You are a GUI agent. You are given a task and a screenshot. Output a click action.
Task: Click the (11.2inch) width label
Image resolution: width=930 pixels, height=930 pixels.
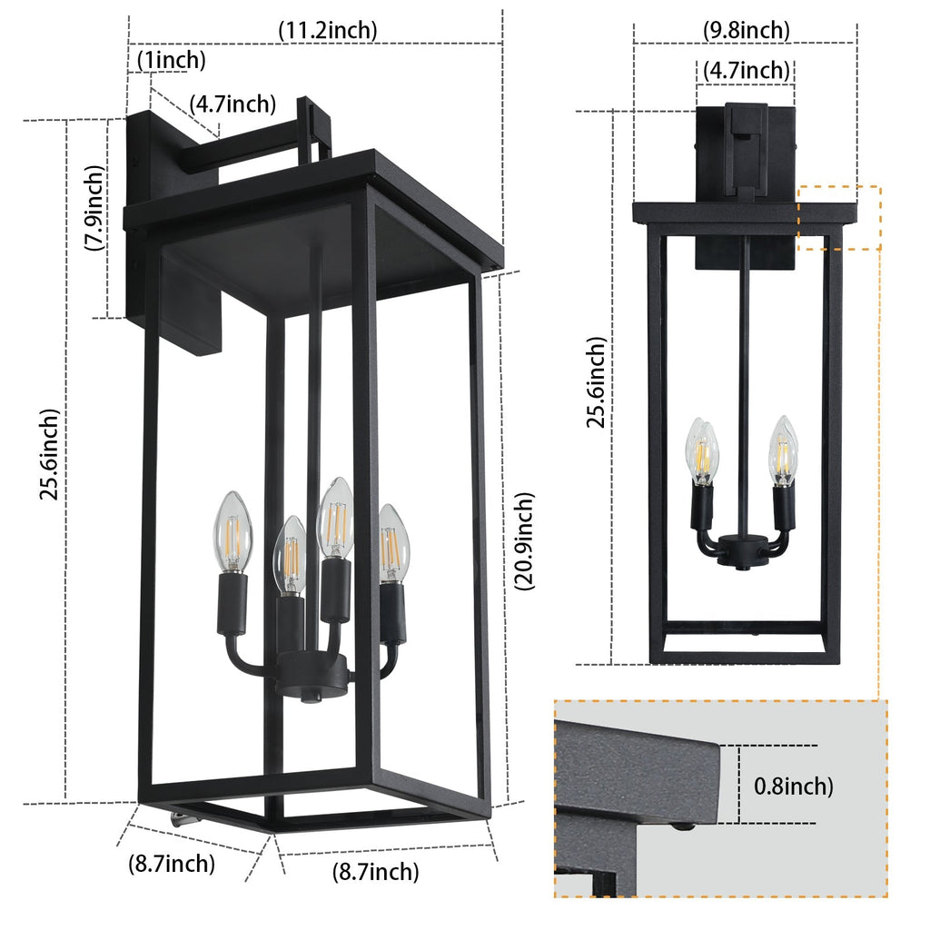pos(327,30)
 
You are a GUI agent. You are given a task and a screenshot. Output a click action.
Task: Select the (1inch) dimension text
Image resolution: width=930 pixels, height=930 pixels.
pos(172,61)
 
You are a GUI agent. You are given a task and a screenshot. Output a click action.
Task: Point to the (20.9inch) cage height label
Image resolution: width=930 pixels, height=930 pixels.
pos(524,541)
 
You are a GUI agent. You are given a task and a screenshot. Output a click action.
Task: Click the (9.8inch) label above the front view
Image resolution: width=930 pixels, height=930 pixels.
pos(746,30)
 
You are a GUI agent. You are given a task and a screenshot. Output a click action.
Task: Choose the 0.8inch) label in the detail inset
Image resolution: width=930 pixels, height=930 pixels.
pos(793,786)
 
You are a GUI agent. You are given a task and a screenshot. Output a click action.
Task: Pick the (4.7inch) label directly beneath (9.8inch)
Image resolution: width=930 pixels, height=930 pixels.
pos(746,70)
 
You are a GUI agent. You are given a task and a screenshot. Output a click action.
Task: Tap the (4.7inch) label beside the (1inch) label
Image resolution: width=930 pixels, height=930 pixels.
pos(232,104)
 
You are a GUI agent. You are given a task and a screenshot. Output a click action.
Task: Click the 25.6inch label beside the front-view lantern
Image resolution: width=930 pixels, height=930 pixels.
pos(596,382)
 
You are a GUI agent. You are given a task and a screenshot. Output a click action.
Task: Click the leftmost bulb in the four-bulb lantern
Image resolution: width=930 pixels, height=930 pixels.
pos(231,531)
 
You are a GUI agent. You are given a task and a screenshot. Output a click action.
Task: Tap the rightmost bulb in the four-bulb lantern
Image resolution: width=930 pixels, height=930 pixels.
pos(393,542)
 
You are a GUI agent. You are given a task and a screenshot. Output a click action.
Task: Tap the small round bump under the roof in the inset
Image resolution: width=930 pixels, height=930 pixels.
pos(680,826)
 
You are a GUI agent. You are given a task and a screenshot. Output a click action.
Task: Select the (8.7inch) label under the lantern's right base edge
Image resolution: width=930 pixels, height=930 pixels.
pos(375,873)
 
